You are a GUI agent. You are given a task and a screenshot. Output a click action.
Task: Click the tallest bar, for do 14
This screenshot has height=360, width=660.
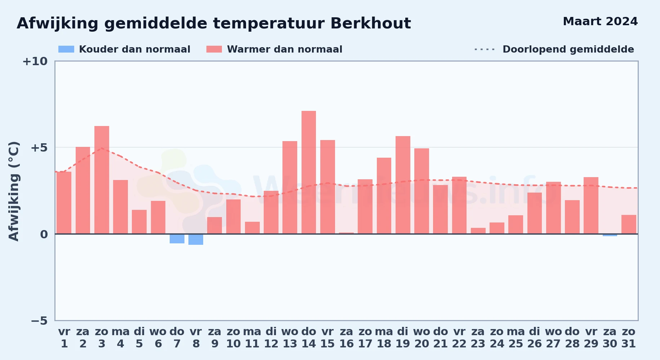pyautogui.click(x=309, y=172)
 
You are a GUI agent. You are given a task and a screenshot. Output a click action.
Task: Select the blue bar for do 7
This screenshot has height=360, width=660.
pyautogui.click(x=177, y=239)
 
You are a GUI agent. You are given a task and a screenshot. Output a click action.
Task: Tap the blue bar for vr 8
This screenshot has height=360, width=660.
pyautogui.click(x=196, y=239)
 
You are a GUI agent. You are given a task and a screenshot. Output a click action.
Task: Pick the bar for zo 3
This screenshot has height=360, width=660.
pyautogui.click(x=102, y=180)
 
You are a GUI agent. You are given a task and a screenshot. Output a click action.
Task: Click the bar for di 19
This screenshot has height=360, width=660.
pyautogui.click(x=403, y=185)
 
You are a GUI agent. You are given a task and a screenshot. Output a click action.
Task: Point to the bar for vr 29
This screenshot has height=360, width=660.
pyautogui.click(x=591, y=206)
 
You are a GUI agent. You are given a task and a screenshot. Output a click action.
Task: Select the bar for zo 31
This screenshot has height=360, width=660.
pyautogui.click(x=629, y=224)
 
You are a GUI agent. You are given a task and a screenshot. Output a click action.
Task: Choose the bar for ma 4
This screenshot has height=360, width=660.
pyautogui.click(x=120, y=207)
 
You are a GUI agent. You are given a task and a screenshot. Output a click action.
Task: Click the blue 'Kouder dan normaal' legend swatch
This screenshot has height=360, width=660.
pyautogui.click(x=66, y=49)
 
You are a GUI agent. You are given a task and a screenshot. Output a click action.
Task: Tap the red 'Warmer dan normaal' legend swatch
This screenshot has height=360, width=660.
pyautogui.click(x=214, y=49)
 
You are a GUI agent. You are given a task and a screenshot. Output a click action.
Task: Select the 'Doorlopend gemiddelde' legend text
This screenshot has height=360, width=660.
pyautogui.click(x=568, y=49)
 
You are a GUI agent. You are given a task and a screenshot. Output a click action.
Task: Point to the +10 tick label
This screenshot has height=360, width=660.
pyautogui.click(x=35, y=61)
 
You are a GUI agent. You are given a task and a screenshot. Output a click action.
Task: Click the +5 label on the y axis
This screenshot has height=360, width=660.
pyautogui.click(x=39, y=148)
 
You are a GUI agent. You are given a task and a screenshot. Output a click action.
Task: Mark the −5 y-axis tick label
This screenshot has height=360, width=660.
pyautogui.click(x=39, y=320)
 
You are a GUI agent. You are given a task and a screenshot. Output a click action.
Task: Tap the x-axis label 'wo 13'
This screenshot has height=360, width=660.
pyautogui.click(x=290, y=338)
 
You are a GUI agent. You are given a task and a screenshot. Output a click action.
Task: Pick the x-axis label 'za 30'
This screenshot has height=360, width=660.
pyautogui.click(x=610, y=338)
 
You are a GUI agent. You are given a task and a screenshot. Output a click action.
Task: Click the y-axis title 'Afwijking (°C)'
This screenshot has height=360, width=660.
pyautogui.click(x=14, y=191)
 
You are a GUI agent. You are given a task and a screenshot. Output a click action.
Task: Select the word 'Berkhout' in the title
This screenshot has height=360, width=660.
pyautogui.click(x=370, y=23)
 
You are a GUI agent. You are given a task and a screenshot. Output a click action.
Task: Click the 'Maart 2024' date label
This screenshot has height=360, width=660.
pyautogui.click(x=600, y=21)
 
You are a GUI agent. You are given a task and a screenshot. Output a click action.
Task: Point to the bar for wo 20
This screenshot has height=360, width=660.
pyautogui.click(x=422, y=191)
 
